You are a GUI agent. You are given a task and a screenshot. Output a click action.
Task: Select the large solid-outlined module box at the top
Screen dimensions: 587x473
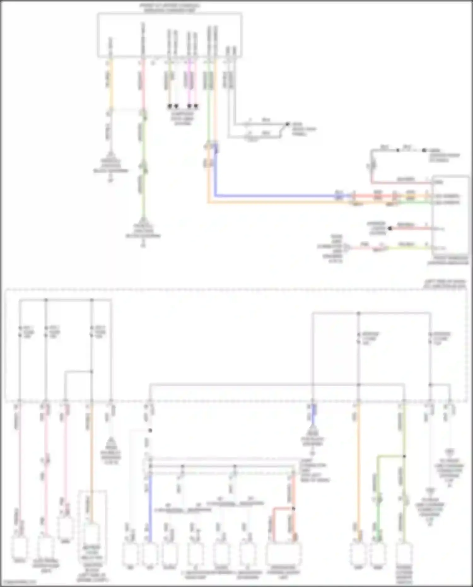pos(170,35)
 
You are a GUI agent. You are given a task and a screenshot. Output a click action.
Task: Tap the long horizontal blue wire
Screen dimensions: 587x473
pos(274,196)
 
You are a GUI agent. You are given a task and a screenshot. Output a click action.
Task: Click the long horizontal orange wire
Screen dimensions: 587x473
pos(274,202)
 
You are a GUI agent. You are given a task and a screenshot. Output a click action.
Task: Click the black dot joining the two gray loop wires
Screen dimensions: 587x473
pos(287,124)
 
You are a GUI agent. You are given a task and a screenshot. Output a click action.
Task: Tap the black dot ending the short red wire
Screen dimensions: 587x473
pos(390,228)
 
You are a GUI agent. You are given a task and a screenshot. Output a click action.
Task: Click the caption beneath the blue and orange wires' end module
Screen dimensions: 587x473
pos(448,260)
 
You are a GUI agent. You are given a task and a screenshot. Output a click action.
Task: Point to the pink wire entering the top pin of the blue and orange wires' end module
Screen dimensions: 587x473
pos(400,182)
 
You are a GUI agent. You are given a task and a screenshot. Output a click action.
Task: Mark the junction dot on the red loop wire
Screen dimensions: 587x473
pos(293,508)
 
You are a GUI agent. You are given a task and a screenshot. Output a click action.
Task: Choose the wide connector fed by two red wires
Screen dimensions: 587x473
pos(283,554)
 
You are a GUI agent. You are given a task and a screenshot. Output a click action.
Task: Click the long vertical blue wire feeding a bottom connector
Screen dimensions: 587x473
pos(150,508)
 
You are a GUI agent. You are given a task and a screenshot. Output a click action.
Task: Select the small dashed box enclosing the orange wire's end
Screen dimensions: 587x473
pos(92,536)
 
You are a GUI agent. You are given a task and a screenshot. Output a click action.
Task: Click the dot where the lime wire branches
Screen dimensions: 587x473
pos(404,456)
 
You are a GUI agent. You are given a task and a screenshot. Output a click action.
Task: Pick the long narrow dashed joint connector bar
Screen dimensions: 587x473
pos(221,466)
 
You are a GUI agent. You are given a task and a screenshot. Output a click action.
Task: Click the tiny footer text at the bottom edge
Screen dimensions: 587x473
pos(19,582)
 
